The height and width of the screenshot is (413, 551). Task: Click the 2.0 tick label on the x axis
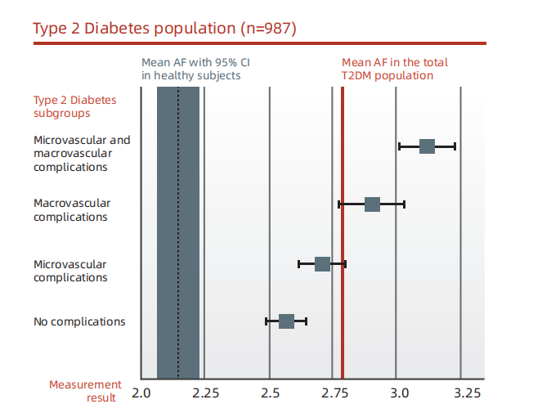click(141, 393)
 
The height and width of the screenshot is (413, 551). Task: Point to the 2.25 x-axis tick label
click(205, 393)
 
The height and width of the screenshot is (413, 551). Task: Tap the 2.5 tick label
click(271, 393)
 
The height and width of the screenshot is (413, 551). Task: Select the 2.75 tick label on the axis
click(335, 393)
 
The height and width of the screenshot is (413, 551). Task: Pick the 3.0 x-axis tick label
click(400, 393)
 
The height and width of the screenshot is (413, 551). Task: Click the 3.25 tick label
click(467, 393)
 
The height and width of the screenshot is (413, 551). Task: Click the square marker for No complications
click(286, 321)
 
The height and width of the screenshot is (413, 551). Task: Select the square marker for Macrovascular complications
click(372, 204)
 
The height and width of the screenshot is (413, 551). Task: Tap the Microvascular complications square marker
click(322, 264)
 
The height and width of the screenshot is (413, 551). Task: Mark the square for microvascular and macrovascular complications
click(427, 146)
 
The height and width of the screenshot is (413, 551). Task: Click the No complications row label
click(79, 321)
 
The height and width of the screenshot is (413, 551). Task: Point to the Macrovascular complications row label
click(72, 210)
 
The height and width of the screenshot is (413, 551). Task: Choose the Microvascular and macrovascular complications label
click(82, 153)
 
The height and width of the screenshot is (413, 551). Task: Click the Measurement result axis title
click(85, 391)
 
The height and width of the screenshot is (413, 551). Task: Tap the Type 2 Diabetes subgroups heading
click(75, 106)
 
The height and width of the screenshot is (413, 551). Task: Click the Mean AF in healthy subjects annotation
click(195, 69)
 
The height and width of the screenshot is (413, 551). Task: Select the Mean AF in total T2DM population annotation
click(395, 69)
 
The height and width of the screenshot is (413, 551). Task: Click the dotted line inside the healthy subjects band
click(178, 232)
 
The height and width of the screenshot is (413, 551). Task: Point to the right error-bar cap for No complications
click(307, 321)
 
